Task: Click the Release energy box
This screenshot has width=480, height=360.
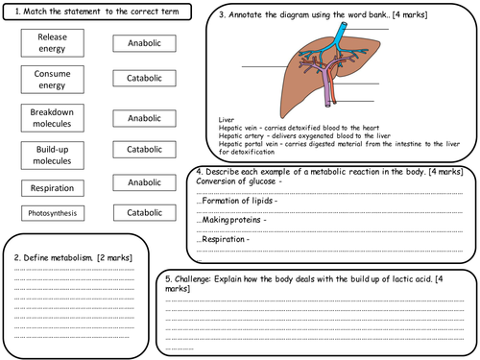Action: (x=53, y=42)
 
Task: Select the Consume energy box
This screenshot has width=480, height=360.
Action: (x=53, y=80)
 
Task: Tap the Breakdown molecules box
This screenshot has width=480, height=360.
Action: (x=53, y=118)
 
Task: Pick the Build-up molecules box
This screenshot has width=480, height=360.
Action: (x=53, y=154)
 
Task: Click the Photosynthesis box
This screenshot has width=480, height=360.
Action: (x=53, y=212)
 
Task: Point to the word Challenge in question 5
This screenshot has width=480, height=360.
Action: (x=196, y=278)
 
